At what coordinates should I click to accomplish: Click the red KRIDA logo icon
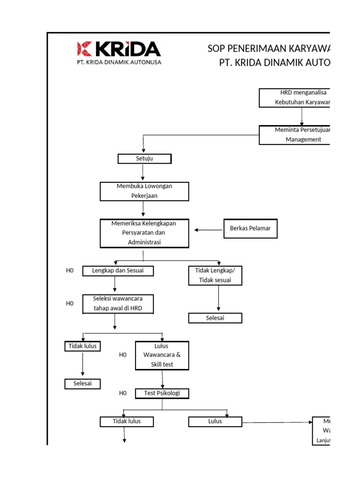(x=85, y=49)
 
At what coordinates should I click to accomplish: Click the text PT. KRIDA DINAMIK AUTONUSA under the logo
(x=119, y=62)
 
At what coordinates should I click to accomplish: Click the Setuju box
(x=144, y=159)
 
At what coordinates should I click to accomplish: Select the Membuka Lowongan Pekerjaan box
(x=144, y=191)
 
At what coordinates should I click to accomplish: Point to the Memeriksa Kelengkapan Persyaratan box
(x=144, y=233)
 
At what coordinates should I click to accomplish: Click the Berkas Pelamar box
(x=250, y=229)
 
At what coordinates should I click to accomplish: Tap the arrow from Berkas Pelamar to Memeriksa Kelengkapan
(x=209, y=230)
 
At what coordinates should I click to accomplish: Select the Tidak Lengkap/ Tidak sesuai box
(x=216, y=275)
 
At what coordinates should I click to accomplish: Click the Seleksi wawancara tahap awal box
(x=118, y=303)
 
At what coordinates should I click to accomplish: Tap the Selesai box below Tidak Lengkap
(x=215, y=318)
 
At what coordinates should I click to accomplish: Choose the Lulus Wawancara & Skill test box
(x=162, y=355)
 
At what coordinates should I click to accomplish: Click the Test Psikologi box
(x=162, y=393)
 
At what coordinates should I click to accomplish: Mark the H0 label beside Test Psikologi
(x=123, y=393)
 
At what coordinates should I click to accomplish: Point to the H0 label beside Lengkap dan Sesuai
(x=70, y=270)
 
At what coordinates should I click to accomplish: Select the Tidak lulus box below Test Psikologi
(x=127, y=421)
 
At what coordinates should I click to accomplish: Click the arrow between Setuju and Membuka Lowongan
(x=143, y=173)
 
